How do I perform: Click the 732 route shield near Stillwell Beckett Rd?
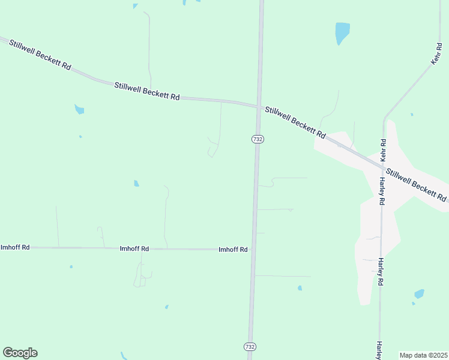coord(258,139)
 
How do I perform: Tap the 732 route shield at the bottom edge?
coord(250,347)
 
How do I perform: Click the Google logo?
coord(20,353)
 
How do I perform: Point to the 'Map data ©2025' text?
coord(423,355)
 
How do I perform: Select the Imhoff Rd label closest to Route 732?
coord(234,250)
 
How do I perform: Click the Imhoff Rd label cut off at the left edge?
coord(15,247)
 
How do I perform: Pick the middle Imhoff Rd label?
coord(134,248)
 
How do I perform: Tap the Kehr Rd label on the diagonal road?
coord(436,53)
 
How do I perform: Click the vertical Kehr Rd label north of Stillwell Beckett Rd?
coord(383,149)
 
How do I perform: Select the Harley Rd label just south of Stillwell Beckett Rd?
coord(381,192)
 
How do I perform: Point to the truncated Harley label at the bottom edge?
coord(379,350)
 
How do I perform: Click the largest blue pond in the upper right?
coord(342,32)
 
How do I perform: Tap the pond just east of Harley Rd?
coord(419,294)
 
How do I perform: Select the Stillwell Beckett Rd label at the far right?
coord(416,185)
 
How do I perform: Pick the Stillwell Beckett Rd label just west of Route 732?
coord(147,91)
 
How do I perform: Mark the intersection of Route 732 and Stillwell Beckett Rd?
coord(259,107)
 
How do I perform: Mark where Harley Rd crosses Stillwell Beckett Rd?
coord(382,163)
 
